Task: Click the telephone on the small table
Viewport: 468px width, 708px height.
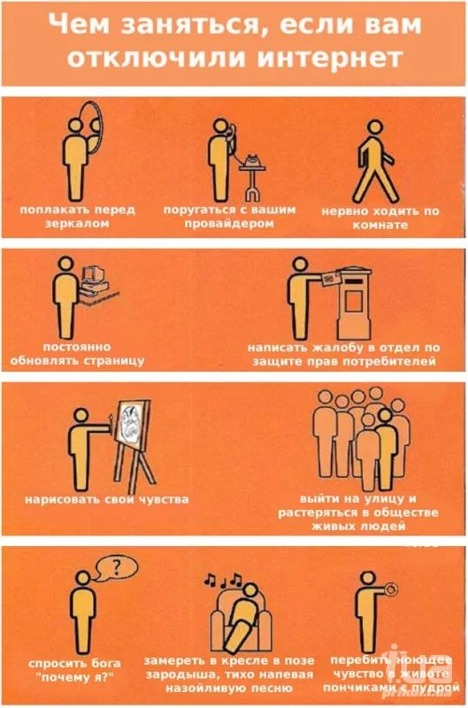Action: (x=252, y=160)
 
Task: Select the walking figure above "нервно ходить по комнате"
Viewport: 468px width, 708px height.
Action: (x=374, y=161)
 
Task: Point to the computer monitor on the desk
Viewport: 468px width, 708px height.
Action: (x=94, y=273)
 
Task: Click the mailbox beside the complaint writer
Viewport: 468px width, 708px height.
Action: (x=354, y=304)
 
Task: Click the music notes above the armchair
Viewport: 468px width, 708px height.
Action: (x=224, y=580)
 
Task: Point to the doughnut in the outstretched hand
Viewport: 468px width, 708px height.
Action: (x=391, y=589)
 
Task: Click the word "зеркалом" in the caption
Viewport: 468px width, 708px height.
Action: (x=77, y=223)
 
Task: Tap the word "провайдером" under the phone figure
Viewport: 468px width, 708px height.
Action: (x=229, y=224)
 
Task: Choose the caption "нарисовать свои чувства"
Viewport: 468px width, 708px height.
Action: (x=106, y=499)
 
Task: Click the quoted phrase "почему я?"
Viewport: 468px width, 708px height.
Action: (x=76, y=677)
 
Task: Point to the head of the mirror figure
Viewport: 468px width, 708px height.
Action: (x=75, y=125)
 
